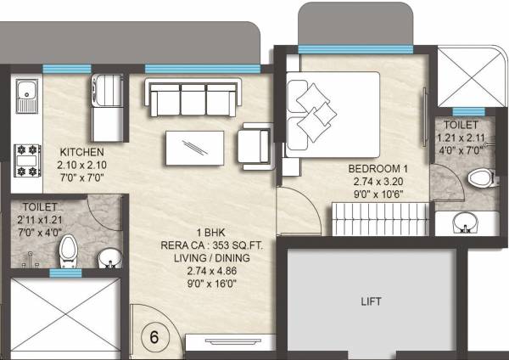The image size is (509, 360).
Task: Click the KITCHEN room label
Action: tap(82, 152)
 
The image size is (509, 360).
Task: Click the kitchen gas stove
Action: tap(26, 159)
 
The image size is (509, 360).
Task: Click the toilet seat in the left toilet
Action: tap(68, 250)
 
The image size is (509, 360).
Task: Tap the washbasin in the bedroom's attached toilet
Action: tap(464, 224)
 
